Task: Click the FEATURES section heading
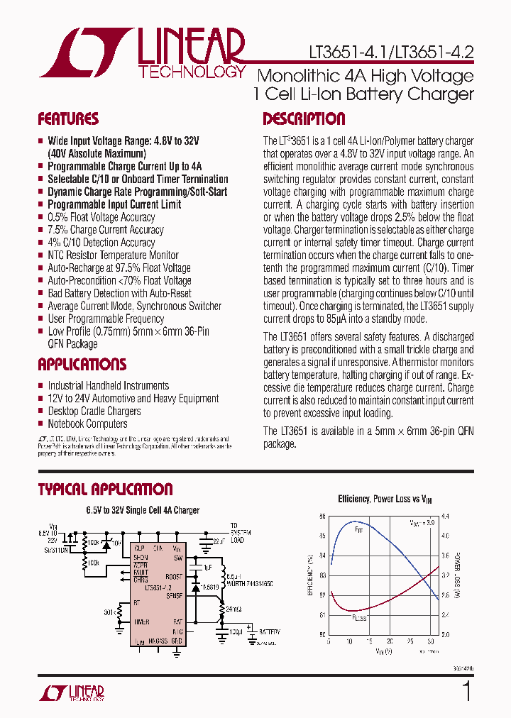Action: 68,119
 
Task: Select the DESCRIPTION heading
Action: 304,119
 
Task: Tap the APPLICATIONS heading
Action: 82,365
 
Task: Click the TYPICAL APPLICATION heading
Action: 105,490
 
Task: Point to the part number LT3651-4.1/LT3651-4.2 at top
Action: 391,52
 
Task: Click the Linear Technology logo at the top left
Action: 142,53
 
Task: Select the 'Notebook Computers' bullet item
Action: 87,424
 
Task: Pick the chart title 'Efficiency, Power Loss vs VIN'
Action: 384,499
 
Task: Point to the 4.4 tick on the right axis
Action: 446,517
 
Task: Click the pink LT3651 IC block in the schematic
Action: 158,592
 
